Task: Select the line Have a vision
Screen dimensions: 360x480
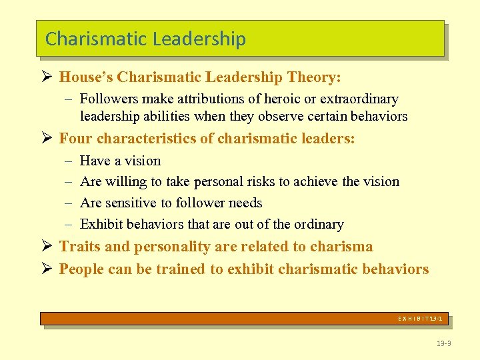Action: pyautogui.click(x=120, y=161)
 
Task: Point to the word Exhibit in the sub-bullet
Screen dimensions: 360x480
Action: pyautogui.click(x=100, y=224)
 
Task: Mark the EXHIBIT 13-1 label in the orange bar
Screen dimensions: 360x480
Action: pyautogui.click(x=420, y=319)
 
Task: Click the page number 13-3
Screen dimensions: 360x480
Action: pyautogui.click(x=443, y=343)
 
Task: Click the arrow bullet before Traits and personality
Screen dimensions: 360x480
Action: pyautogui.click(x=46, y=247)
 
